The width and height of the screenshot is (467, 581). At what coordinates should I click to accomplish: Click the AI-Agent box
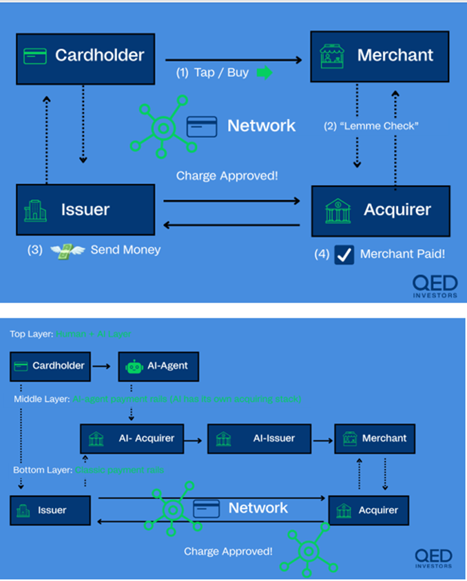[x=158, y=366]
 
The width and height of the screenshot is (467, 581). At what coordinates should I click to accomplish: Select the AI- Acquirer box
[x=132, y=438]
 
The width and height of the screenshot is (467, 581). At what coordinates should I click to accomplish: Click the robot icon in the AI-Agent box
[x=134, y=366]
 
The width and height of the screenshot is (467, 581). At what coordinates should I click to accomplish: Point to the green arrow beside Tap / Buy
[x=264, y=72]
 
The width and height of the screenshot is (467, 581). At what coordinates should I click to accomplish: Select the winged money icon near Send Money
[x=67, y=250]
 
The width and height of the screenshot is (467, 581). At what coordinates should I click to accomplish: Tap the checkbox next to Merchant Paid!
[x=344, y=254]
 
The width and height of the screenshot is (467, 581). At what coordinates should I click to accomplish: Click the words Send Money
[x=125, y=250]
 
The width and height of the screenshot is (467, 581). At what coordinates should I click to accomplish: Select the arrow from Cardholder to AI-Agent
[x=101, y=366]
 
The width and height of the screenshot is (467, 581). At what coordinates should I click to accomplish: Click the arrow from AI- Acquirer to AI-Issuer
[x=196, y=438]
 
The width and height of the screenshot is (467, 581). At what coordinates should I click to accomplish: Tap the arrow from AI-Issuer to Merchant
[x=322, y=438]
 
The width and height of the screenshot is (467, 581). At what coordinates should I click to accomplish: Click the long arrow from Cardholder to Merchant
[x=233, y=61]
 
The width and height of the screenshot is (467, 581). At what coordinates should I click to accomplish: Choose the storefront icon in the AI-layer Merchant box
[x=350, y=438]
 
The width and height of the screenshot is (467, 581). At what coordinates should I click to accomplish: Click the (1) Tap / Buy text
[x=212, y=72]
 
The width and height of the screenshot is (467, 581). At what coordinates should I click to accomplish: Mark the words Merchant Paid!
[x=402, y=254]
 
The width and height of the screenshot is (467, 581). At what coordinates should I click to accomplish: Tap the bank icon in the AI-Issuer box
[x=223, y=438]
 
